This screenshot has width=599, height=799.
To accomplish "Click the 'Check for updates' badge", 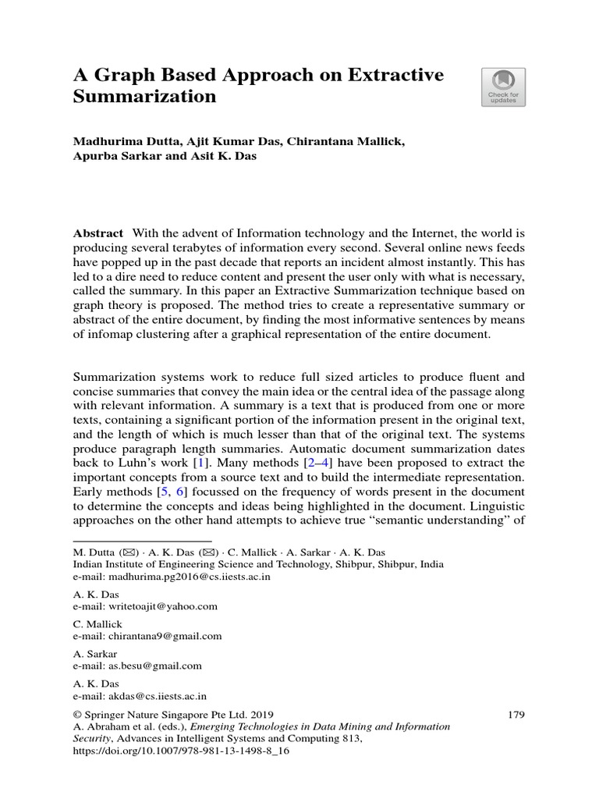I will [x=503, y=87].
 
